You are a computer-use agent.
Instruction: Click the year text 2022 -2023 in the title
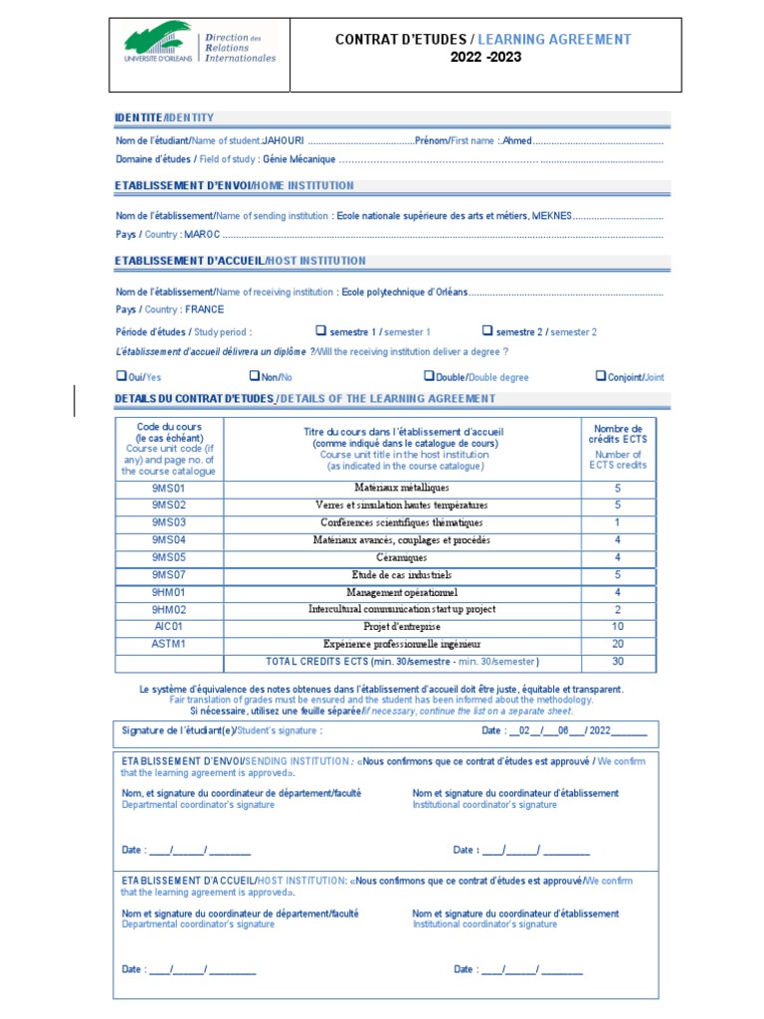pyautogui.click(x=483, y=58)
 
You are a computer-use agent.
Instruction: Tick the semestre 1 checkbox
pyautogui.click(x=321, y=330)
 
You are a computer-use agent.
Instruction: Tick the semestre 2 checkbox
pyautogui.click(x=487, y=330)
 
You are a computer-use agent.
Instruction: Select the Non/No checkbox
pyautogui.click(x=254, y=376)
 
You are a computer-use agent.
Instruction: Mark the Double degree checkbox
pyautogui.click(x=429, y=376)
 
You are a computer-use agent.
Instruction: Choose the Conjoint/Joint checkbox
pyautogui.click(x=600, y=376)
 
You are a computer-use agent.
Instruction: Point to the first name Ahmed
pyautogui.click(x=517, y=141)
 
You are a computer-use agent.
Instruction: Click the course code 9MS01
pyautogui.click(x=169, y=488)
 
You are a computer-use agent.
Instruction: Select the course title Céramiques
pyautogui.click(x=402, y=557)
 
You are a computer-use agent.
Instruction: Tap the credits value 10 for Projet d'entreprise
pyautogui.click(x=617, y=626)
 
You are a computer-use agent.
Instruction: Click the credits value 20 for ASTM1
pyautogui.click(x=617, y=644)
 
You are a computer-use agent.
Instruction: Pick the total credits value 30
pyautogui.click(x=617, y=662)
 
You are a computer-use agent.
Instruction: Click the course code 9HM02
pyautogui.click(x=169, y=609)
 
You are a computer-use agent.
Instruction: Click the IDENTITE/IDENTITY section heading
pyautogui.click(x=164, y=117)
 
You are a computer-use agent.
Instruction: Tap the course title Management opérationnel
pyautogui.click(x=402, y=592)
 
